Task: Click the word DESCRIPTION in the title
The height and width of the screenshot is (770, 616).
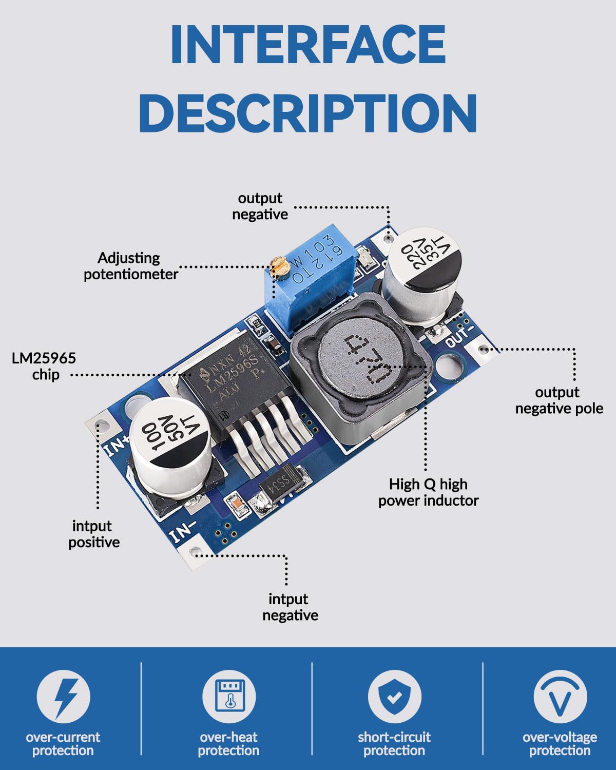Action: point(308,113)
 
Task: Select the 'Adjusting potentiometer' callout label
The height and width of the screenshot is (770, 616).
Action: point(130,266)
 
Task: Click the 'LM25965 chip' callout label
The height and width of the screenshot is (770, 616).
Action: point(44,366)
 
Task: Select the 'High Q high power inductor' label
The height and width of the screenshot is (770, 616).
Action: point(428,492)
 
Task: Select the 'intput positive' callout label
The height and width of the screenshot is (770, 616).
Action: point(93,534)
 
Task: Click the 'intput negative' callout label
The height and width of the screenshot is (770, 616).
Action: point(290,607)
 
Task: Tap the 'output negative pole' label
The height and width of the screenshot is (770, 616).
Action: point(559,400)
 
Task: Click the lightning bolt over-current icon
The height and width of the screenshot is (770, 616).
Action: point(64,697)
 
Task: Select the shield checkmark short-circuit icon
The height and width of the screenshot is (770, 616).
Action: point(394,697)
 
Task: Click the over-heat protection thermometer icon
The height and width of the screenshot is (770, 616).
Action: point(228,697)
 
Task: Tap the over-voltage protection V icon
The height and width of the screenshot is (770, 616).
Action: point(560,697)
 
